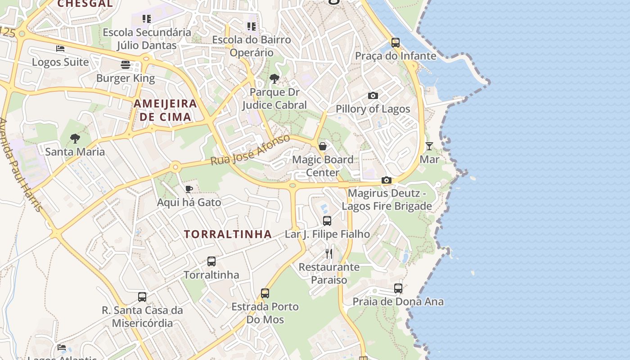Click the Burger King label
tap(126, 78)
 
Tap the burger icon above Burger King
tap(126, 65)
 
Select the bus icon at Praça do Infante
tap(396, 43)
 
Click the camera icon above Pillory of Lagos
tap(373, 95)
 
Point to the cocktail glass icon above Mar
tap(429, 146)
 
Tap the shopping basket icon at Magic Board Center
tap(323, 146)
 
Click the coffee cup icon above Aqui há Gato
tap(189, 189)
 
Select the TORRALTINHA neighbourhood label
tap(228, 234)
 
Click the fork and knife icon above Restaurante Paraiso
tap(329, 254)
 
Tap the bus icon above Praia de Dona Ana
tap(398, 288)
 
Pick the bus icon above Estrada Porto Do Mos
tap(265, 293)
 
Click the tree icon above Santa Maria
tap(75, 138)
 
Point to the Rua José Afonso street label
tap(250, 150)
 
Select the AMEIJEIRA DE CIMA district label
tap(165, 110)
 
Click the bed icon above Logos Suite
tap(60, 49)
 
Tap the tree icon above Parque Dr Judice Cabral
tap(274, 79)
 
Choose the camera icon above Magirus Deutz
tap(386, 180)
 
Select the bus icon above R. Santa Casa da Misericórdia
tap(142, 297)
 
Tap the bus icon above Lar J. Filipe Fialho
tap(327, 221)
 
